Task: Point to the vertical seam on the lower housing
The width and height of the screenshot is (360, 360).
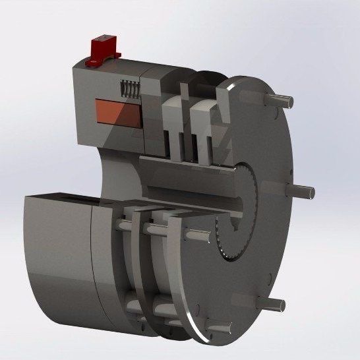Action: tap(94, 264)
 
